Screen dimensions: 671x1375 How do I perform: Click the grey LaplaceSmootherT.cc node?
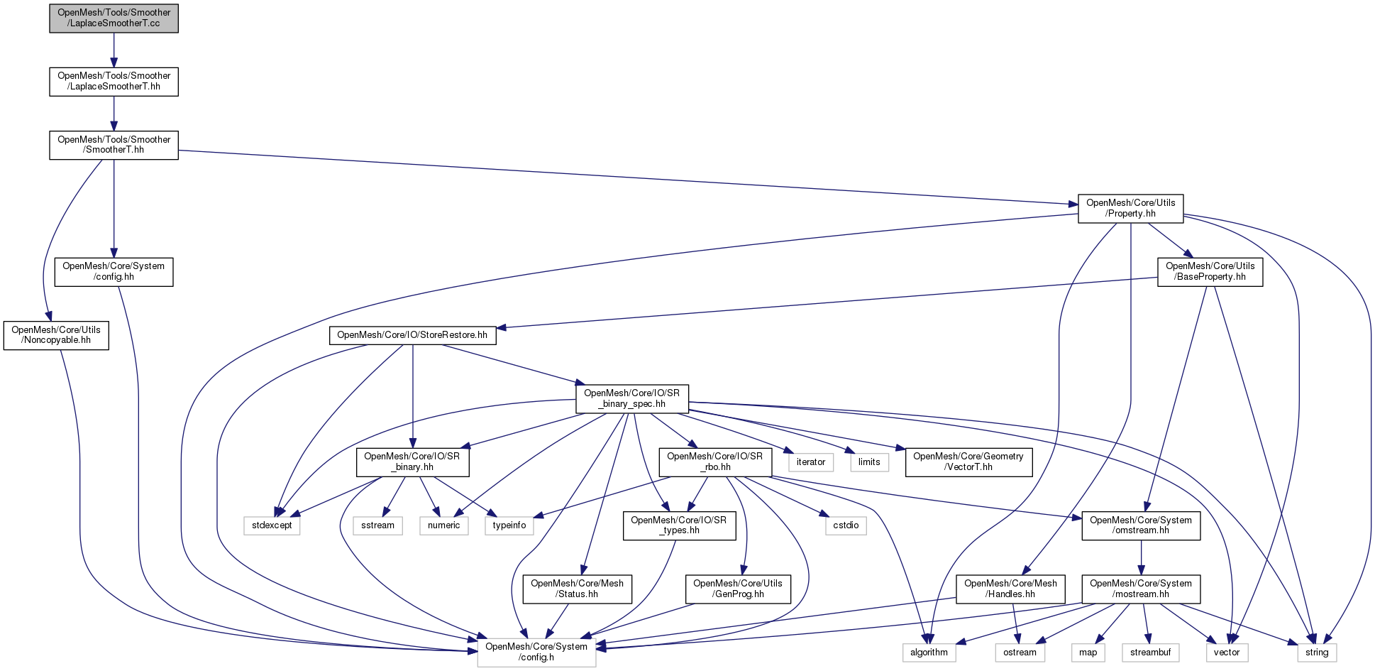[114, 18]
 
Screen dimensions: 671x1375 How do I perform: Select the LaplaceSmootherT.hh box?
[114, 81]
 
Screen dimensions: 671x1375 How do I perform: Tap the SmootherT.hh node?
[114, 145]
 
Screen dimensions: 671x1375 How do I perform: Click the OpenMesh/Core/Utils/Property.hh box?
[1130, 208]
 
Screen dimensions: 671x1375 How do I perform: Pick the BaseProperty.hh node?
[1210, 271]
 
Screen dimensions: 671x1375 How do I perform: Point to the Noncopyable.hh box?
[56, 335]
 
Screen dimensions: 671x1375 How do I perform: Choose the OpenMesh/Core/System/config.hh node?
[114, 271]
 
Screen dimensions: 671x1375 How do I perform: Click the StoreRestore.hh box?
[412, 335]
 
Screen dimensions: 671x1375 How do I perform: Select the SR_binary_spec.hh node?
[631, 398]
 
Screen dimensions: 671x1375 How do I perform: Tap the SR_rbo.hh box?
[714, 462]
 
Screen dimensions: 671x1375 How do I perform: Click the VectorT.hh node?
[968, 462]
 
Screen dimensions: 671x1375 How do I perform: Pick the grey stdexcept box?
[272, 525]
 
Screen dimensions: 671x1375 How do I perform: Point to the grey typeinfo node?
[509, 525]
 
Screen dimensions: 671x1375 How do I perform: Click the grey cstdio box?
[846, 525]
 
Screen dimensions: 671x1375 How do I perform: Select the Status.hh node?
[577, 589]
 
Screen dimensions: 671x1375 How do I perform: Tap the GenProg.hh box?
[738, 589]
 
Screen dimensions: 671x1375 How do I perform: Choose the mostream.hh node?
[1141, 589]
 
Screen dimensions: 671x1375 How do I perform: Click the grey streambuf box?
[1150, 653]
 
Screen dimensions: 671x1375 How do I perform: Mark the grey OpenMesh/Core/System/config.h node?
[536, 652]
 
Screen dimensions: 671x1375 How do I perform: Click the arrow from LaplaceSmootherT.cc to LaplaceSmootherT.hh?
[114, 50]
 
